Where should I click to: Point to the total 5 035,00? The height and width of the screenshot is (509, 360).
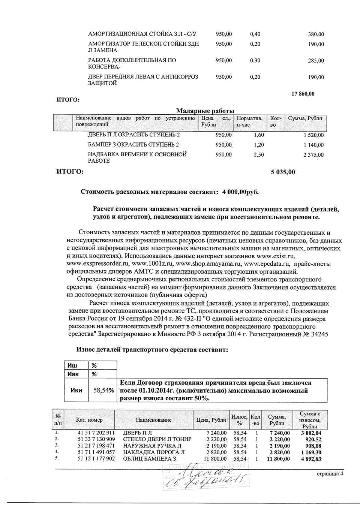pyautogui.click(x=283, y=172)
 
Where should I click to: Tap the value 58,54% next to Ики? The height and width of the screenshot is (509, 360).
pyautogui.click(x=103, y=391)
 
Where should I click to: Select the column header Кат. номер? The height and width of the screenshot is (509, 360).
pyautogui.click(x=89, y=420)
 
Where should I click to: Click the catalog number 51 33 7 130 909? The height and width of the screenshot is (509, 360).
pyautogui.click(x=96, y=439)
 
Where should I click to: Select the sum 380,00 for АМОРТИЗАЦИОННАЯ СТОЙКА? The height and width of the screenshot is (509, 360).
pyautogui.click(x=316, y=34)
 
